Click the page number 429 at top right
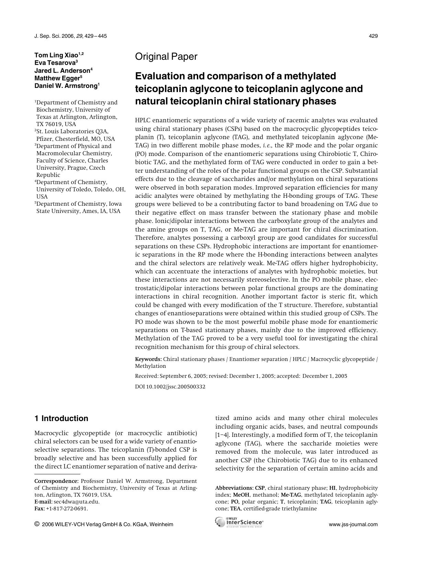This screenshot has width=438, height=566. [373, 36]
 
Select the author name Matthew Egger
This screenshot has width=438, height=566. [57, 78]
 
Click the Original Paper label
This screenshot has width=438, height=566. [166, 57]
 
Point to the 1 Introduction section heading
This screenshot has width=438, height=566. [61, 418]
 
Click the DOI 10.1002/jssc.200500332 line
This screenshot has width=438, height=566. [170, 387]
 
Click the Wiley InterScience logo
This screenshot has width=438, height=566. [239, 522]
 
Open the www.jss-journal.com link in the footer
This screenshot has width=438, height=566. [353, 524]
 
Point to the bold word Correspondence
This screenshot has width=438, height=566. [56, 481]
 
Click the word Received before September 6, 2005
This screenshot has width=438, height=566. [146, 376]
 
